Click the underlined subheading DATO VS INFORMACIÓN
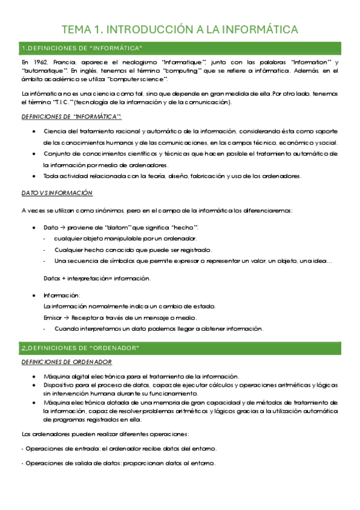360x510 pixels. point(56,192)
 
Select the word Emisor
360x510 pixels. point(52,317)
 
